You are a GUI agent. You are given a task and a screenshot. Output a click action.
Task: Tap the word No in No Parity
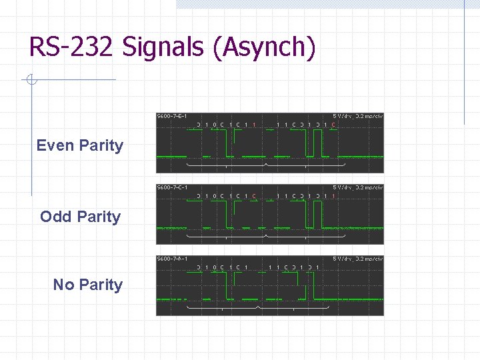(64, 285)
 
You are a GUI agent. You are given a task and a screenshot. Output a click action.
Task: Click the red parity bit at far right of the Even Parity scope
(333, 125)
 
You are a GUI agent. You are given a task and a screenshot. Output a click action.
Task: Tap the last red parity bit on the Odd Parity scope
(333, 196)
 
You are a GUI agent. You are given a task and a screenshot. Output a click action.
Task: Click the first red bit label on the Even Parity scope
(255, 125)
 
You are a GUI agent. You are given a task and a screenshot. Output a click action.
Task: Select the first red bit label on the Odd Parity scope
(255, 196)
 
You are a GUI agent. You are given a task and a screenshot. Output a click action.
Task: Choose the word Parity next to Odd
(99, 217)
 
